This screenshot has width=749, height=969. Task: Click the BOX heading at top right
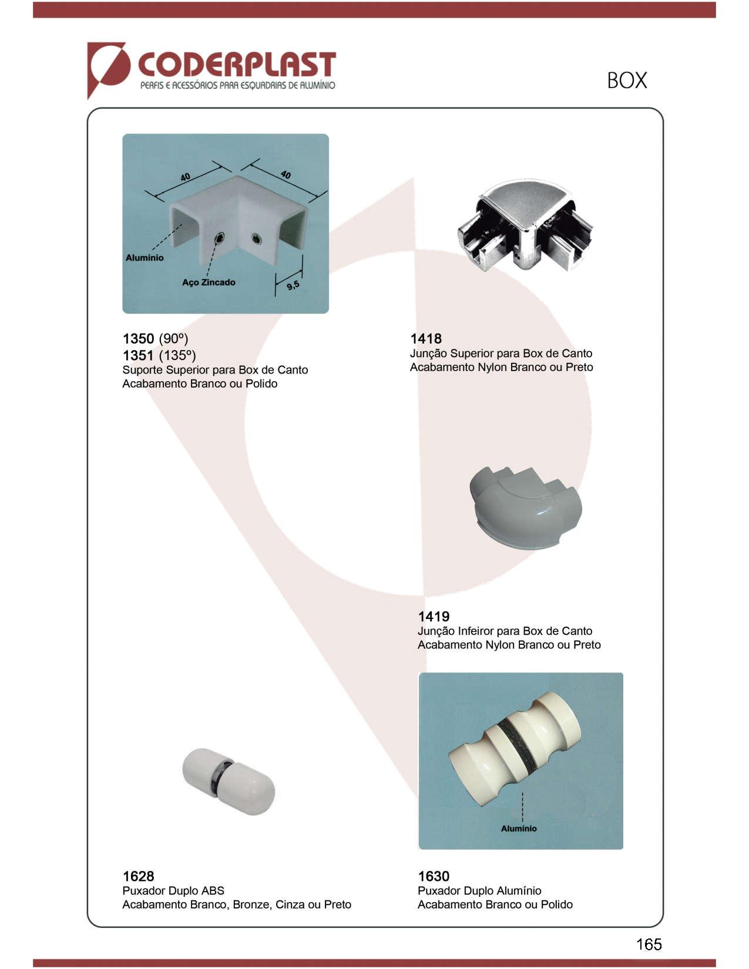627,80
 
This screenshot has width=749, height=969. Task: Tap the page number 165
649,944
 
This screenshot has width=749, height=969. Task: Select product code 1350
138,338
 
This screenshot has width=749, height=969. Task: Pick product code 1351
138,355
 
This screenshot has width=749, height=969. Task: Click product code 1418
426,338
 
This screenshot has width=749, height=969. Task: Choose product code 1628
138,876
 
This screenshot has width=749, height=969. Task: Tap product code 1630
434,876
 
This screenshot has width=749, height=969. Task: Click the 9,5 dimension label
293,285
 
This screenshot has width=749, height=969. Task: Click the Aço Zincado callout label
209,282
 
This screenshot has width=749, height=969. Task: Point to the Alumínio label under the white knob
519,829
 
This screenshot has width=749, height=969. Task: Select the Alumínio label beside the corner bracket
145,258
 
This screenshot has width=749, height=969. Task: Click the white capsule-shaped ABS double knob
229,781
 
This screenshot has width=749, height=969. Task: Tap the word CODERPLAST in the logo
237,65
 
